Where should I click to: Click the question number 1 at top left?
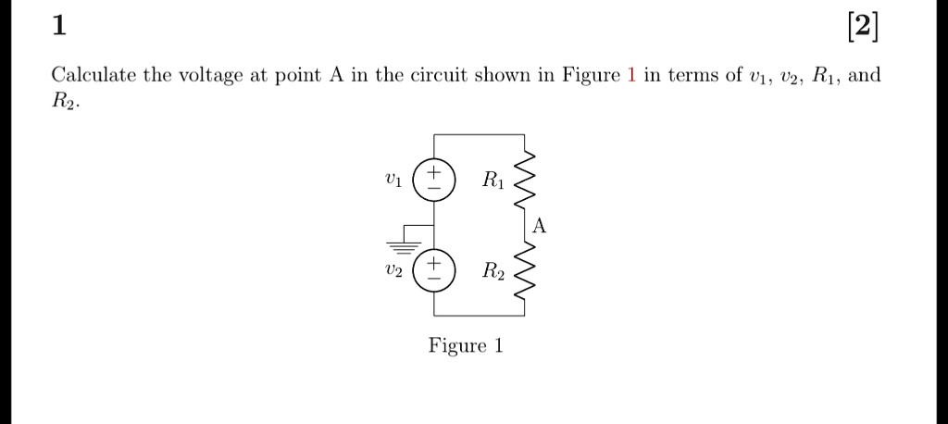(59, 27)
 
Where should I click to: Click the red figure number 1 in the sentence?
(630, 75)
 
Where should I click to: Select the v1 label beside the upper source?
(393, 180)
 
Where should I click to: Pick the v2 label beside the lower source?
(393, 271)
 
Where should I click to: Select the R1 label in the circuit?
(493, 181)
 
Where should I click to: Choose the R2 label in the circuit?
(493, 272)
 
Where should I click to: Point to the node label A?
(541, 226)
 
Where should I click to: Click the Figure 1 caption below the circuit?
(466, 345)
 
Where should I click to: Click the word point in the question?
(293, 75)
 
